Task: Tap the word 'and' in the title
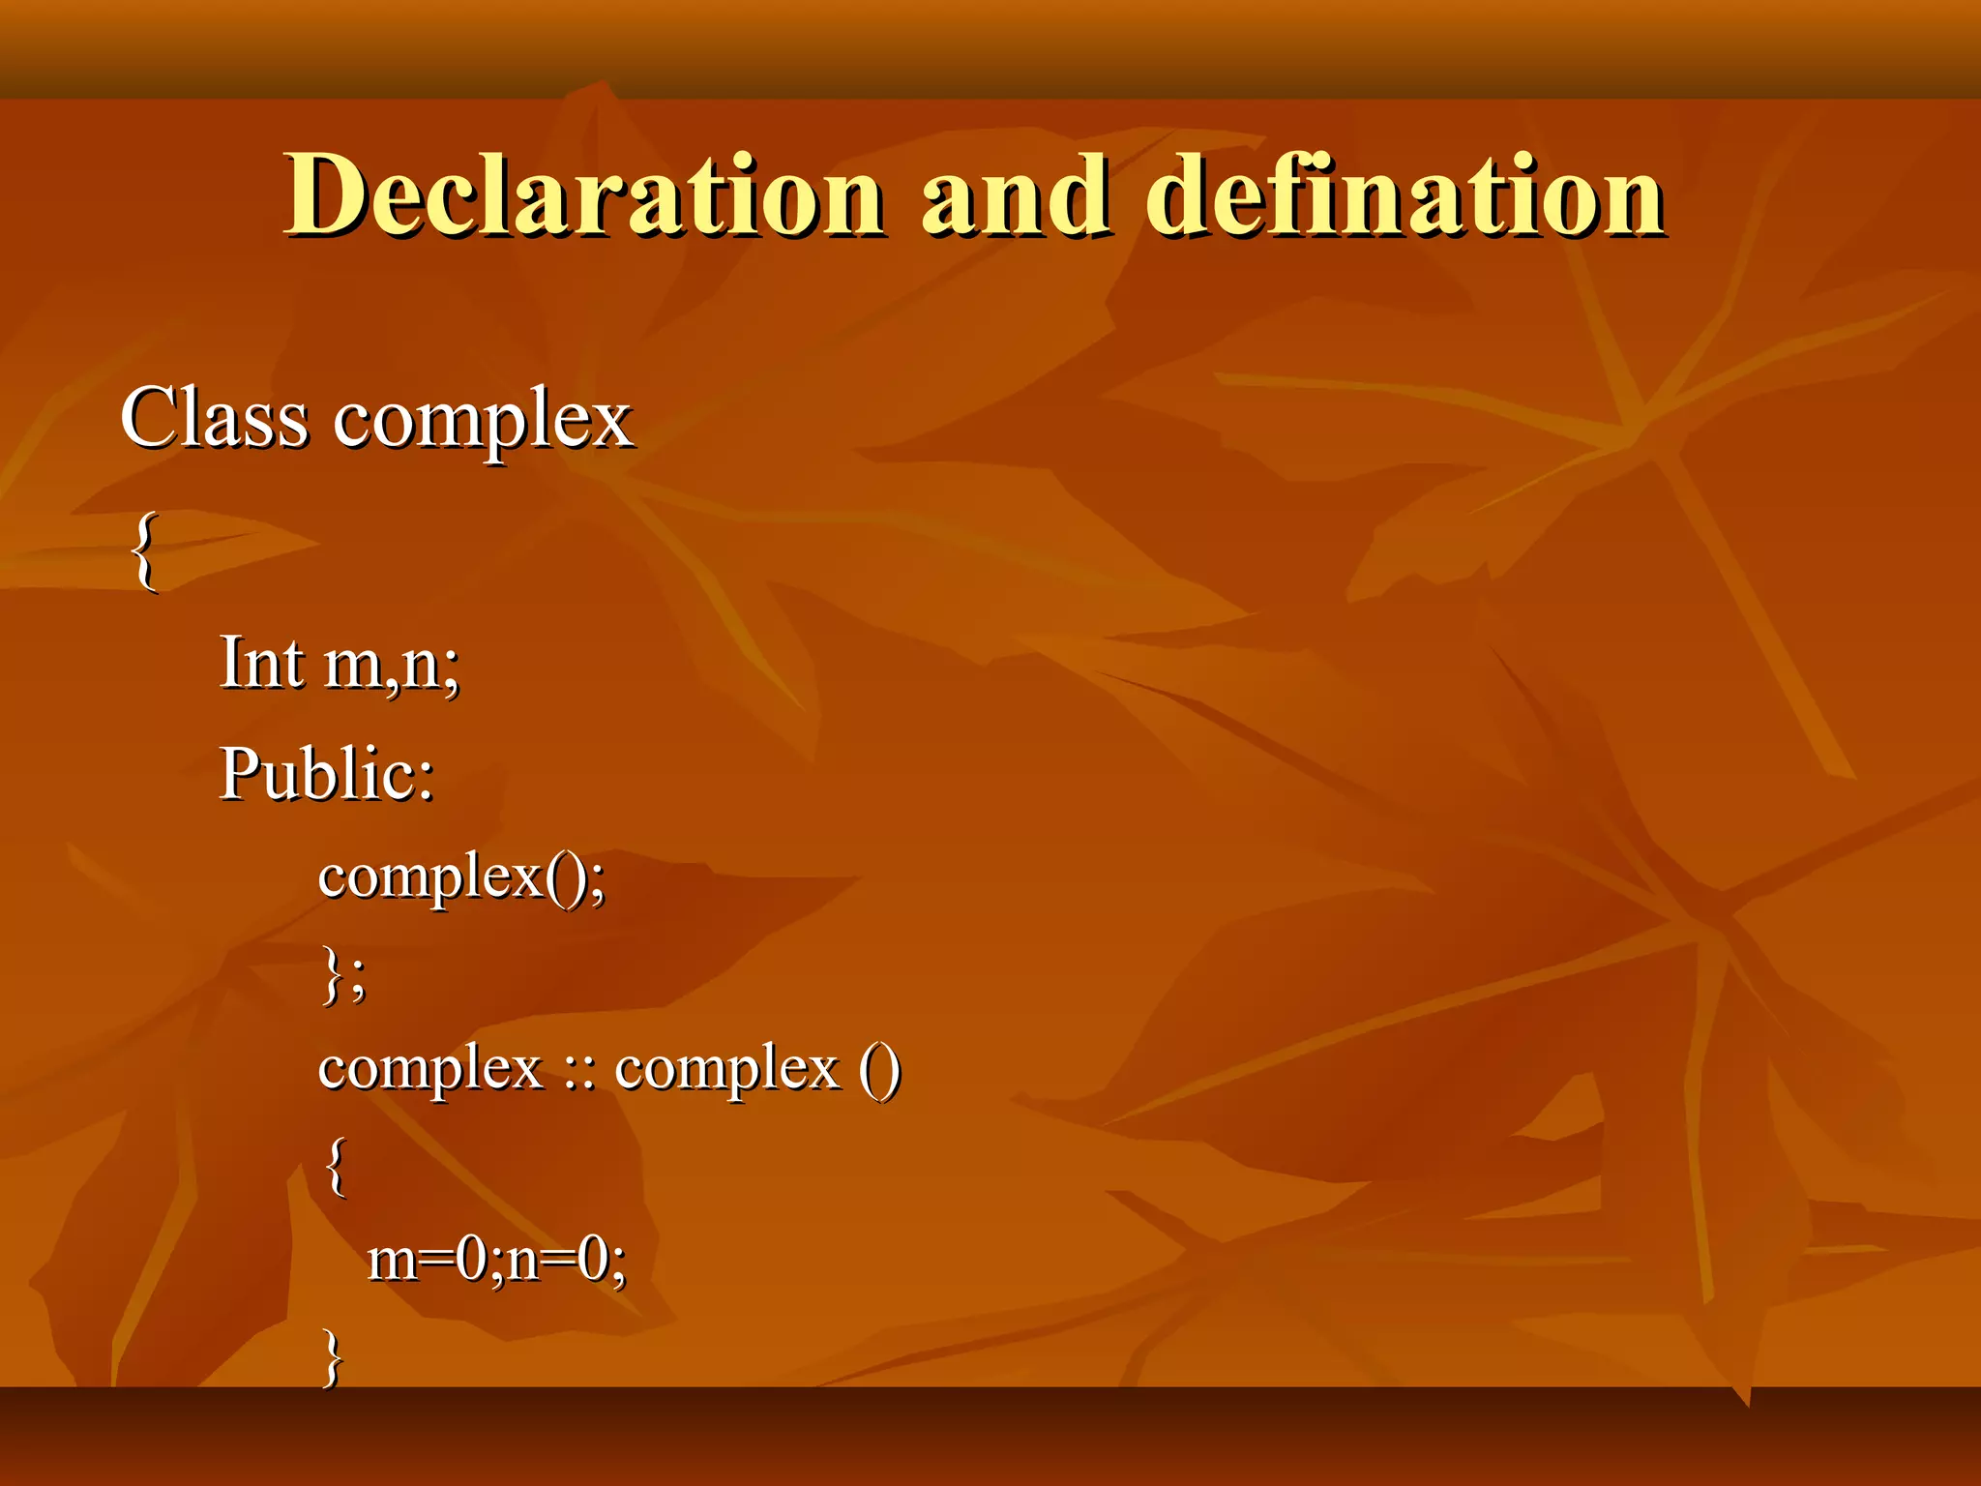pos(1015,195)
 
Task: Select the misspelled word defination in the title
pos(1404,195)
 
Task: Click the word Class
pos(215,418)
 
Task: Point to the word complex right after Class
pos(483,422)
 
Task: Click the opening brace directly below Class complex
pos(144,550)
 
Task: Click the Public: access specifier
pos(327,774)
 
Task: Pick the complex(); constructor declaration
pos(461,878)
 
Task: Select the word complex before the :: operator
pos(430,1070)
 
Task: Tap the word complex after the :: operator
pos(727,1070)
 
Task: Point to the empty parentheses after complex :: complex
pos(879,1070)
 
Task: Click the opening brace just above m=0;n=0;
pos(336,1166)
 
